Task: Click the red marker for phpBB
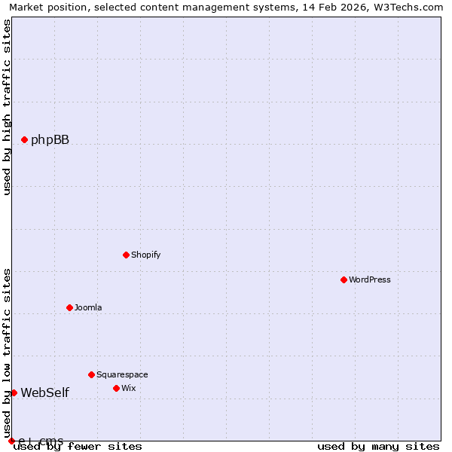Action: point(24,139)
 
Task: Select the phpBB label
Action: point(50,139)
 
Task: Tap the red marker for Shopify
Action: point(126,255)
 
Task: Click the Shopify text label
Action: point(145,255)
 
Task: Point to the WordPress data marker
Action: point(344,279)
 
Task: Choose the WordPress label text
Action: point(369,279)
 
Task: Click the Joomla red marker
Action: point(69,307)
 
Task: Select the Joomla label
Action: point(87,307)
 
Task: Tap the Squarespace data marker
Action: point(91,374)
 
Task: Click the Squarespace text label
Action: point(122,374)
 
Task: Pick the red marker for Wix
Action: point(116,388)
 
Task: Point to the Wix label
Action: point(128,388)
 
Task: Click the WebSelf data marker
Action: point(14,392)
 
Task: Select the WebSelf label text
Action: point(44,392)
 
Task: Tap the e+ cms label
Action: point(41,441)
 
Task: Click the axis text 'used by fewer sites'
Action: point(78,447)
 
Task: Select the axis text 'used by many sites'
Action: point(378,447)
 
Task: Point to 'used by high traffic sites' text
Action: point(8,107)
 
